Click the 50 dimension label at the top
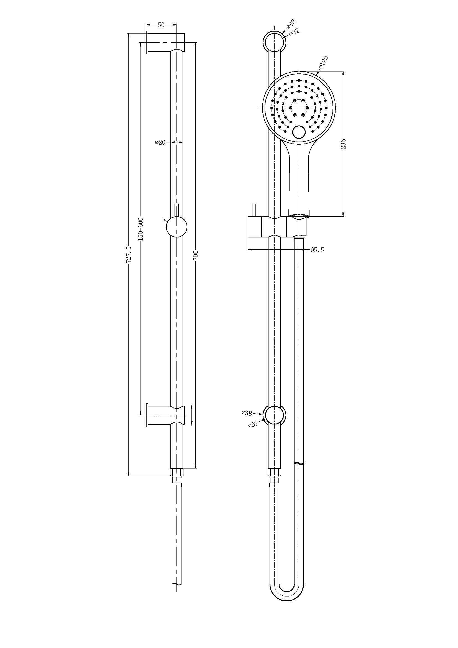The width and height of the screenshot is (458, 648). [x=161, y=25]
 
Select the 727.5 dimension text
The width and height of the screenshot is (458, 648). [x=129, y=254]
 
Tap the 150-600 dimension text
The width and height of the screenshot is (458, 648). [x=141, y=229]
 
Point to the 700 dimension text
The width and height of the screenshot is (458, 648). [x=197, y=255]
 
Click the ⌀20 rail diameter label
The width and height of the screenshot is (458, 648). [x=160, y=142]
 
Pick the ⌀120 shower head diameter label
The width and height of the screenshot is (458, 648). [x=323, y=62]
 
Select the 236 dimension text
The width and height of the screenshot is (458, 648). [x=343, y=144]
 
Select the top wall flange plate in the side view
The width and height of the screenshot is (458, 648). [x=147, y=42]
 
